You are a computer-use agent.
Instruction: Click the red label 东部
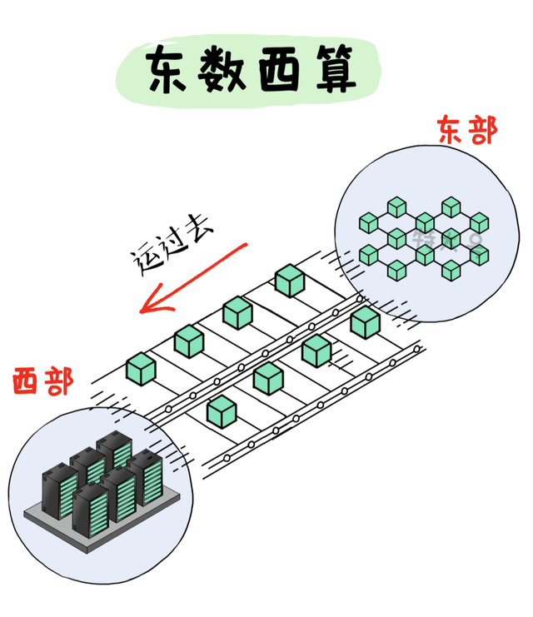tap(466, 131)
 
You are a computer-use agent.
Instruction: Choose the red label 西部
tap(42, 382)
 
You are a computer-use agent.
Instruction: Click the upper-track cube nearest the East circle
tap(289, 281)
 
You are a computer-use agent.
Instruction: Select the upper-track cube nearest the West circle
tap(141, 368)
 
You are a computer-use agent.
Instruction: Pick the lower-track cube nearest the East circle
tap(364, 322)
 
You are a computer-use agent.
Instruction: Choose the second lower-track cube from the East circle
tap(316, 350)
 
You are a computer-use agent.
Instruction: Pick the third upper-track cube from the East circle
tap(189, 341)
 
